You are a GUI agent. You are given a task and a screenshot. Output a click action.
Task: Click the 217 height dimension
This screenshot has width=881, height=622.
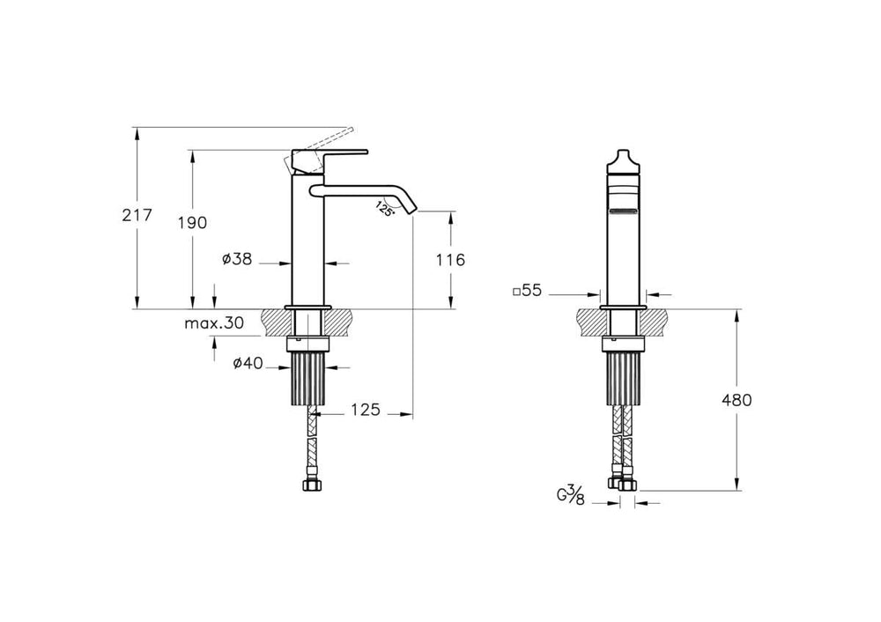coord(137,215)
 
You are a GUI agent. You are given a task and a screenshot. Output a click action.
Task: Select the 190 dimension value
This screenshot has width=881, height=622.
coord(193,223)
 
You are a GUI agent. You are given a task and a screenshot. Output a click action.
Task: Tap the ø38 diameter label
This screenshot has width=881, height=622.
coord(237,259)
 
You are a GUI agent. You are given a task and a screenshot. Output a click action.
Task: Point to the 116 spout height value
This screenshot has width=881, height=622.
coord(451,260)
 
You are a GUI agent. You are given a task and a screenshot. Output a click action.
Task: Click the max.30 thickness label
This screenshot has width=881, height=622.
coord(214,323)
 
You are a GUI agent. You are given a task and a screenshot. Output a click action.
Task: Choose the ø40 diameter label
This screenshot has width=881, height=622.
coord(248,364)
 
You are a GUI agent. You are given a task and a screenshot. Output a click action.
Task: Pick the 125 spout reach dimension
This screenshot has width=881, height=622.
coord(366,410)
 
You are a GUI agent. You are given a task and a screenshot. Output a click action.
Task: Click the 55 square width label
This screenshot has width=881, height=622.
coord(527,291)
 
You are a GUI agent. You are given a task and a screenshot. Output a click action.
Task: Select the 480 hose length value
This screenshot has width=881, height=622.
coord(737,400)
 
